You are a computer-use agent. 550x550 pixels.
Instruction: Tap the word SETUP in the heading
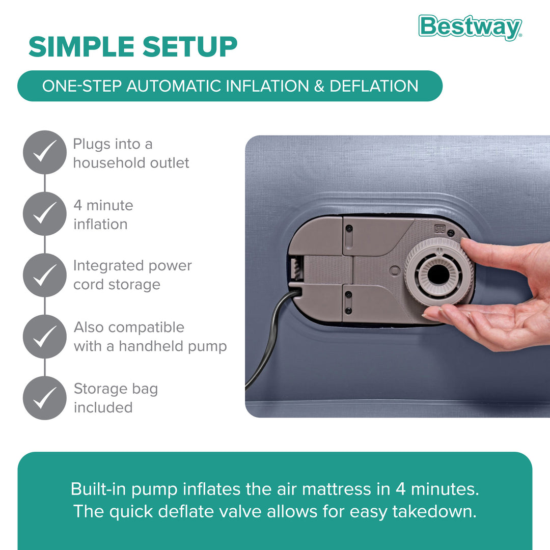(x=189, y=47)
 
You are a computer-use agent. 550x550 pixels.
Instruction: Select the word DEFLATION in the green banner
(x=374, y=86)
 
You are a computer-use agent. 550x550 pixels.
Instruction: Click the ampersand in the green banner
(x=319, y=86)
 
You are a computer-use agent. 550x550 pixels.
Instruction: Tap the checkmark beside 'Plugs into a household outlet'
(x=45, y=152)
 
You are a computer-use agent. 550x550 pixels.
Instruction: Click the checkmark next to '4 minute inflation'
(x=45, y=214)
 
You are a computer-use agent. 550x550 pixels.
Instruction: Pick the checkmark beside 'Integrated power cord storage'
(x=45, y=275)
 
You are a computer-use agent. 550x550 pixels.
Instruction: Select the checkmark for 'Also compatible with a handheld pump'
(x=45, y=336)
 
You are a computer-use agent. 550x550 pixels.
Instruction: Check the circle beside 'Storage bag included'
(x=45, y=398)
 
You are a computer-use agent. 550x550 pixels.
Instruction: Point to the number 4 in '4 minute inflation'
(x=78, y=206)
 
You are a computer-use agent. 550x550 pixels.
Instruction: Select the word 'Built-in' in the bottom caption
(x=97, y=489)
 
